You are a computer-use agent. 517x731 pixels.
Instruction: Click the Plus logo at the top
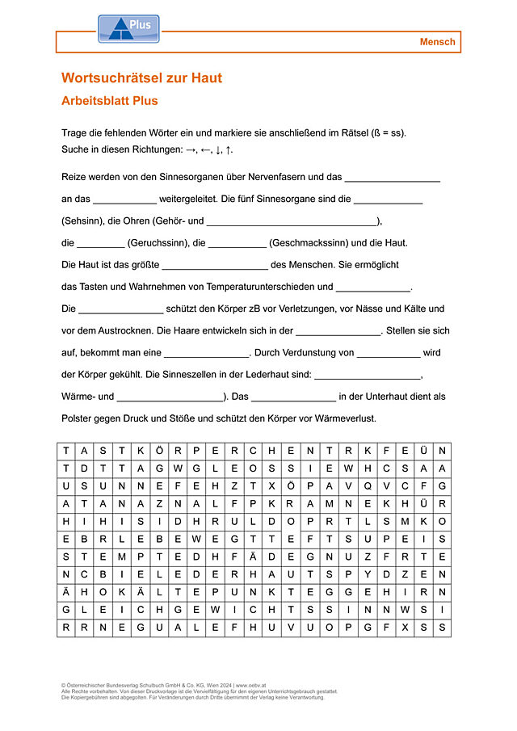pyautogui.click(x=128, y=28)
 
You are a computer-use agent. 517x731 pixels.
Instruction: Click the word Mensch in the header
pyautogui.click(x=437, y=42)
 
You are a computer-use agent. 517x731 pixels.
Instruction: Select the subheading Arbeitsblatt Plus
pyautogui.click(x=109, y=101)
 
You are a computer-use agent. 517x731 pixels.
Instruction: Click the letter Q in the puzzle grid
pyautogui.click(x=368, y=485)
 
